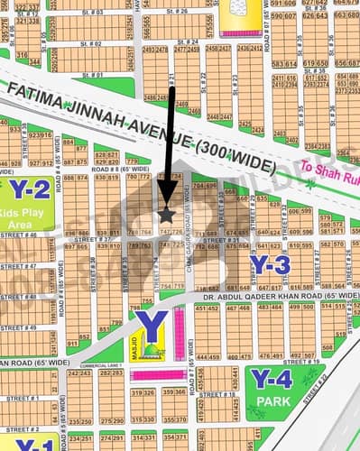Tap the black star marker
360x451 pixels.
coord(166,215)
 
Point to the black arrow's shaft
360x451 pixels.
coord(170,135)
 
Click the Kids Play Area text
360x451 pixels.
coord(23,215)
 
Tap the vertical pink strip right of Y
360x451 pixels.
coord(179,328)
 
